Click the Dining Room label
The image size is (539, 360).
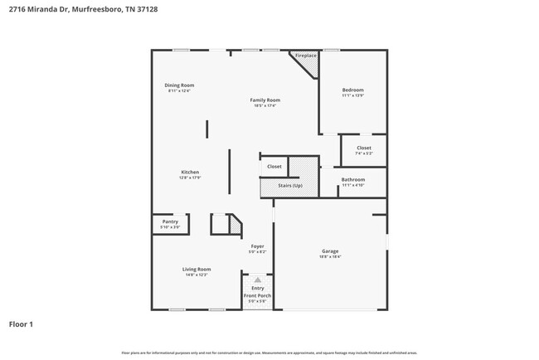(x=179, y=85)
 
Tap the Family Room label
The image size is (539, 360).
(x=265, y=100)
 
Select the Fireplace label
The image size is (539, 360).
(x=305, y=56)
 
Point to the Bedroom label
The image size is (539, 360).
(x=353, y=90)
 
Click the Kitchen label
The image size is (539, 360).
(x=191, y=172)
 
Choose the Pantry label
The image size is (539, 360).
(x=170, y=221)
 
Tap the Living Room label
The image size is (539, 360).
(x=197, y=269)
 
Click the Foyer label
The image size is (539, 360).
(x=258, y=246)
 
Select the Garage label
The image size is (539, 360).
(x=330, y=251)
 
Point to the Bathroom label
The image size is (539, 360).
(x=353, y=179)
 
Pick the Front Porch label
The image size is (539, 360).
(x=257, y=295)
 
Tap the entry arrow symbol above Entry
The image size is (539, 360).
(x=257, y=280)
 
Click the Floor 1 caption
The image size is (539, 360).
(x=21, y=324)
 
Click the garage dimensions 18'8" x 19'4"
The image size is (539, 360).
(x=330, y=257)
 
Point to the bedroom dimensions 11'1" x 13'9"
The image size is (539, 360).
(x=353, y=95)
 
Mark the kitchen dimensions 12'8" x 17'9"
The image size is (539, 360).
(x=191, y=178)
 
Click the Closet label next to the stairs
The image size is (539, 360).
(x=274, y=167)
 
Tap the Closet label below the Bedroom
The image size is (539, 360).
(x=364, y=148)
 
